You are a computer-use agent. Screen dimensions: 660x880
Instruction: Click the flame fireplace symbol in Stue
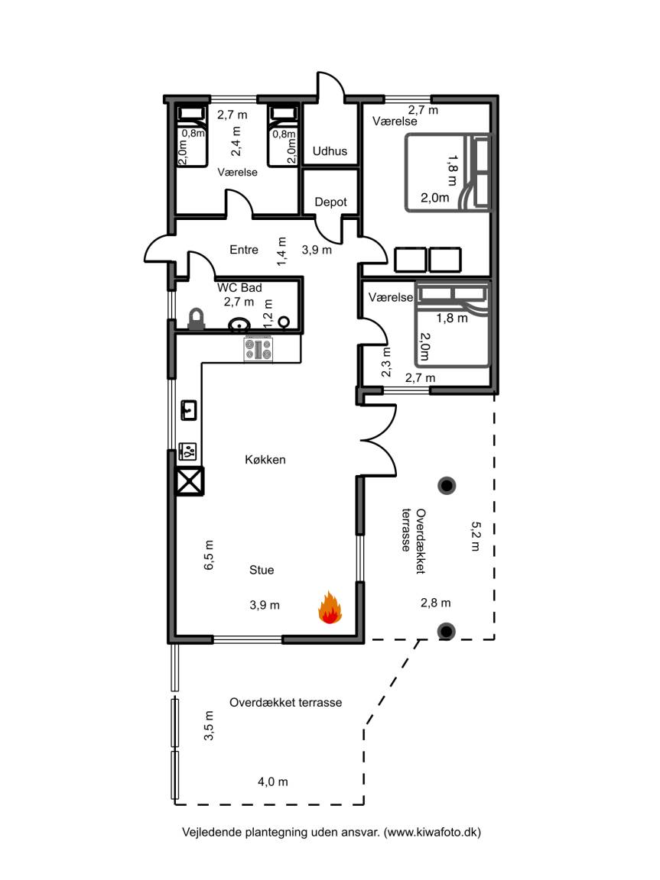[330, 607]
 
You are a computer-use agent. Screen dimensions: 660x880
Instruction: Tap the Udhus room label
[330, 151]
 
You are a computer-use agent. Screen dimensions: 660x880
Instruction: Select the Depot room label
[330, 202]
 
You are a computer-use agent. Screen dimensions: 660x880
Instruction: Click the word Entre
[244, 250]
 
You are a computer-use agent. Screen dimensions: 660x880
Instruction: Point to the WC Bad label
[239, 287]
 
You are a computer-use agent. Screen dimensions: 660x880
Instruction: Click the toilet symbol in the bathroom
[196, 319]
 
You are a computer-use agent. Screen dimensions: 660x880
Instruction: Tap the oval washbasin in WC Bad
[239, 324]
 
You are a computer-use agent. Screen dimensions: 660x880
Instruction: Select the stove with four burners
[258, 349]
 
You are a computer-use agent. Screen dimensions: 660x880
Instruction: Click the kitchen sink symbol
[189, 410]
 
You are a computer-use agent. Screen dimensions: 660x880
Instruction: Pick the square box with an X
[190, 481]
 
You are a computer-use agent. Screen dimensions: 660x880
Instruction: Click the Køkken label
[265, 460]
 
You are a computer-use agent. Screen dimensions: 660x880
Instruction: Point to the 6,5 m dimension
[209, 555]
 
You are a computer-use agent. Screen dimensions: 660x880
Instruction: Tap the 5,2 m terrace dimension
[476, 536]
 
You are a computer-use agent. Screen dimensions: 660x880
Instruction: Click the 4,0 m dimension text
[273, 781]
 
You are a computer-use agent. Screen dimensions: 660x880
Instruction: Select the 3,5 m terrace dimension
[209, 726]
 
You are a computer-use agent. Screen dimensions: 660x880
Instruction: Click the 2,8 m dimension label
[436, 603]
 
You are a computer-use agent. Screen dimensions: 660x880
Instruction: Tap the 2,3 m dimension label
[386, 362]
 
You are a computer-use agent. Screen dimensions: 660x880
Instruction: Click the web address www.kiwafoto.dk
[433, 832]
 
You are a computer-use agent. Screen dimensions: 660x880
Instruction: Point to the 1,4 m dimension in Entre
[281, 251]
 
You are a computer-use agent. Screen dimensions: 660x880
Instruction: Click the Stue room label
[262, 570]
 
